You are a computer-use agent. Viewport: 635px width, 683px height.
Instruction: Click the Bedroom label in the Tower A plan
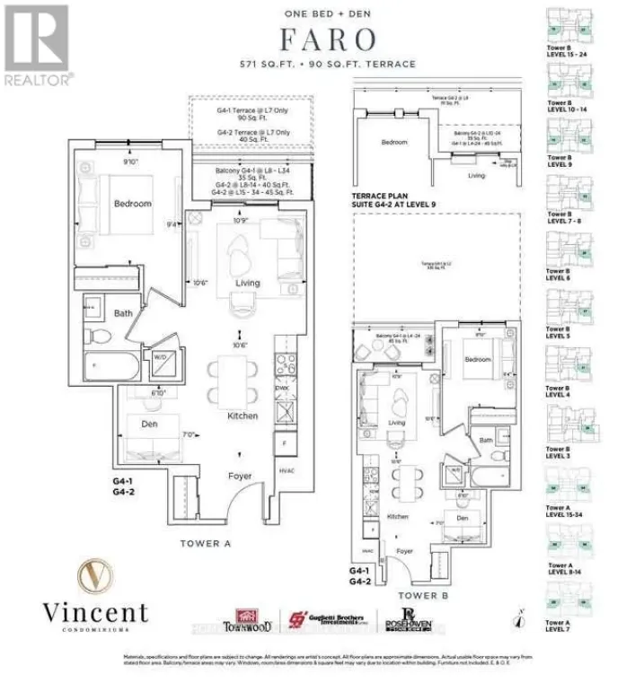(133, 204)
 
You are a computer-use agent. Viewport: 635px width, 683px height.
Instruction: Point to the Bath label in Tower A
(124, 313)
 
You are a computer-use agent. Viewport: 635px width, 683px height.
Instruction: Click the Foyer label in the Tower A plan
(240, 476)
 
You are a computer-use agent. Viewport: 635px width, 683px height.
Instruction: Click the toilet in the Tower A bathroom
(101, 336)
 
